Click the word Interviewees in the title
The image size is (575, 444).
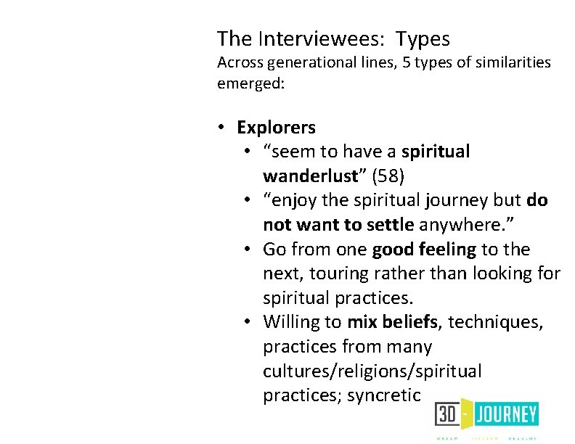[314, 38]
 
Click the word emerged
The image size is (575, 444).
[251, 84]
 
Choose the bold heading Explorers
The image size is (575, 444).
[276, 128]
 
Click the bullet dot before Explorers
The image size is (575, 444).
[222, 128]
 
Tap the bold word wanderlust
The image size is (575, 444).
[310, 176]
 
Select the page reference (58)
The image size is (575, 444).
[383, 176]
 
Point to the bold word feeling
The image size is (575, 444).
[447, 249]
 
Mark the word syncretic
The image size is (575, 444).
[383, 395]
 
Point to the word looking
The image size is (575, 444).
[502, 274]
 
